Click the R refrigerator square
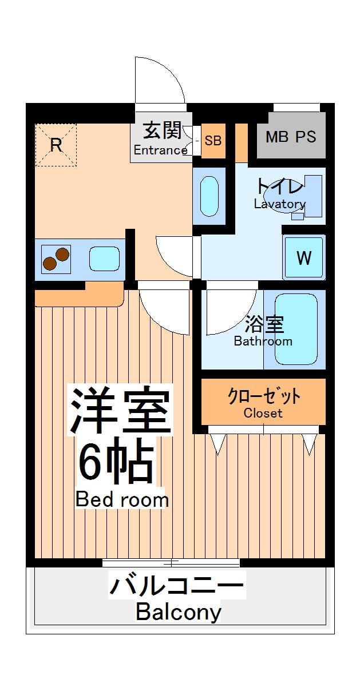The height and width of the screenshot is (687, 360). click(x=56, y=145)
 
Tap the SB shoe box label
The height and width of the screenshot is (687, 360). click(x=213, y=140)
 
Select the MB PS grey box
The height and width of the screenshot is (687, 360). click(x=291, y=137)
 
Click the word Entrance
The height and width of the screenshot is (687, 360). click(x=160, y=150)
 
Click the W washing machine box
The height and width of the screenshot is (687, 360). click(x=304, y=258)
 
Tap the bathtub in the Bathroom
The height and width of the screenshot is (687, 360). click(x=296, y=329)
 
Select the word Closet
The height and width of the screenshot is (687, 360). click(x=263, y=413)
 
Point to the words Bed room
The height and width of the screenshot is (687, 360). click(x=122, y=499)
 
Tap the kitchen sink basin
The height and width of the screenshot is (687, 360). click(x=104, y=260)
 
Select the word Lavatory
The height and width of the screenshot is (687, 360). click(x=280, y=204)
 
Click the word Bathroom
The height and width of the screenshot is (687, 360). click(x=263, y=341)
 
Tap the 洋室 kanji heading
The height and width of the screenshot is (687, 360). click(x=121, y=410)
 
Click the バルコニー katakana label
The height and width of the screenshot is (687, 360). click(x=177, y=586)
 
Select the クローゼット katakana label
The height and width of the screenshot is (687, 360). click(x=264, y=396)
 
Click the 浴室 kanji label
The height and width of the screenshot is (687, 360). click(x=264, y=324)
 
